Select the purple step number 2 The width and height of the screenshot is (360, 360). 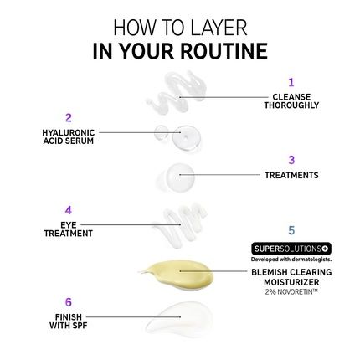tap(69, 118)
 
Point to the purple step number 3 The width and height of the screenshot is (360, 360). tap(291, 159)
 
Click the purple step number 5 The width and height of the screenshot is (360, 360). tap(291, 229)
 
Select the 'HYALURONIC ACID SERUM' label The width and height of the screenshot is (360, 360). tap(69, 136)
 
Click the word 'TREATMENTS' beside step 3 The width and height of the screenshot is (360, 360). tap(291, 176)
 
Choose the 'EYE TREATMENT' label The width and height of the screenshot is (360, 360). tap(69, 229)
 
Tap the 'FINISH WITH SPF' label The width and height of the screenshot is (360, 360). tap(69, 321)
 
